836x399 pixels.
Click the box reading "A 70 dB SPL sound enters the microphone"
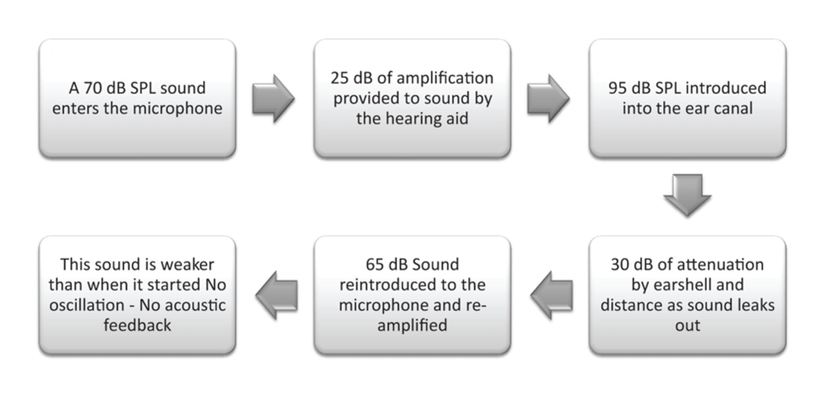tap(137, 98)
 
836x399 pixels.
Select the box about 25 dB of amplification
tap(412, 98)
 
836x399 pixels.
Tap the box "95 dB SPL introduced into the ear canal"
tap(686, 98)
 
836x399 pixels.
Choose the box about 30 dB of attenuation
tap(686, 295)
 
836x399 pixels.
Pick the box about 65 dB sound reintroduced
tap(412, 295)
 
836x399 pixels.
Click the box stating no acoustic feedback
tap(137, 295)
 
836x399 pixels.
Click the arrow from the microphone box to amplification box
tap(274, 98)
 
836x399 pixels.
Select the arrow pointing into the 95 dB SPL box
tap(548, 98)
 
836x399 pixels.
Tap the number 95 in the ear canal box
tap(619, 88)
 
